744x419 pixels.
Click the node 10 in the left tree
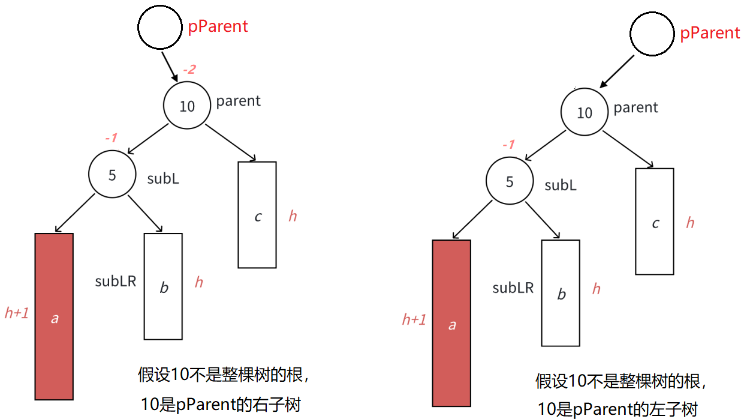coord(187,106)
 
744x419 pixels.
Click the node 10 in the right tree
coord(584,113)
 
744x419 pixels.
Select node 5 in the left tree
coord(112,175)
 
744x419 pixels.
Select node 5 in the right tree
coord(509,181)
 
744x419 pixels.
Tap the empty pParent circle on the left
coord(159,28)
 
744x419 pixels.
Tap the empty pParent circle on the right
coord(652,34)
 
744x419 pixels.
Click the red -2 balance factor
coord(189,70)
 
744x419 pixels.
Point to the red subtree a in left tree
coord(54,316)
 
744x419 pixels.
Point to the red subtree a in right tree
coord(451,323)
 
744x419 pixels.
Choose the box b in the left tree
coord(163,286)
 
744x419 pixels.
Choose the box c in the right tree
coord(655,222)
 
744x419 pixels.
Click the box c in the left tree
coord(257,215)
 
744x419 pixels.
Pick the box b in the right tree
coord(561,293)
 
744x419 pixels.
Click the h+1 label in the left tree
coord(17,313)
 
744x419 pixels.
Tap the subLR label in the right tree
coord(513,288)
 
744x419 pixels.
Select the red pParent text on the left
coord(218,26)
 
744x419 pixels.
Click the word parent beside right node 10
coord(635,107)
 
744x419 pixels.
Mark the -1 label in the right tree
coord(508,145)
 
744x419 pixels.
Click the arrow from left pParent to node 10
coord(169,67)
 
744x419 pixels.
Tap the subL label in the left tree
coord(163,178)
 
